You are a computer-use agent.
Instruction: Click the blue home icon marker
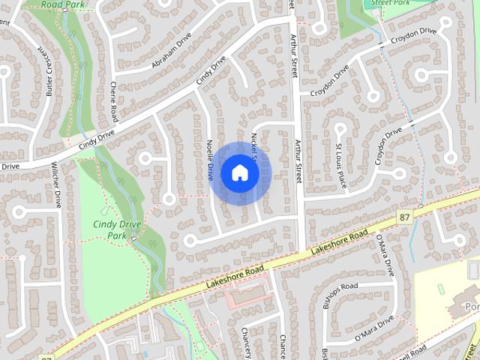click(x=239, y=173)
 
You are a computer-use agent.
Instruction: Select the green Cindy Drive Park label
click(x=109, y=229)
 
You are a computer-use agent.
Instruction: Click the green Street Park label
click(x=391, y=4)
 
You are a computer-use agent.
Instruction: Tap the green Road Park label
click(x=62, y=4)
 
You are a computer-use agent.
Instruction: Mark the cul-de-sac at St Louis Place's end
click(x=339, y=128)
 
